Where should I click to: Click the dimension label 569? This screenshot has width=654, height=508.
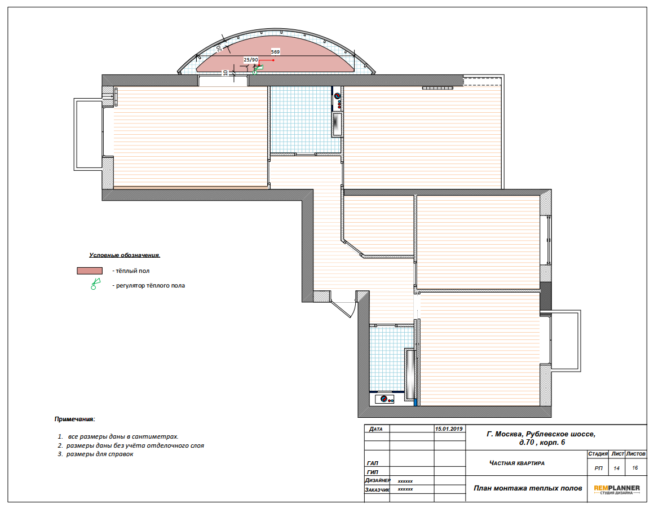[x=275, y=52]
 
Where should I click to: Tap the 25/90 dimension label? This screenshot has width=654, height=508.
[x=251, y=60]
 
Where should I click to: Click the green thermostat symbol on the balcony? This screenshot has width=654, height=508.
[x=257, y=69]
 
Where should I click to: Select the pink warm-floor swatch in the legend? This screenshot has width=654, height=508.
[x=90, y=271]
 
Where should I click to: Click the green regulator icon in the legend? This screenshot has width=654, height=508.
[x=95, y=284]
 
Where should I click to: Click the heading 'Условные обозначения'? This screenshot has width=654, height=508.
[x=124, y=255]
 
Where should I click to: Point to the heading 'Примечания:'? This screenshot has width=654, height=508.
[x=74, y=419]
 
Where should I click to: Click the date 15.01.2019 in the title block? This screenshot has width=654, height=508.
[x=449, y=429]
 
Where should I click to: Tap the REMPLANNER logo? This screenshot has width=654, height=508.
[x=616, y=489]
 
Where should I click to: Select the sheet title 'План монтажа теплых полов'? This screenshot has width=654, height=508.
[x=528, y=488]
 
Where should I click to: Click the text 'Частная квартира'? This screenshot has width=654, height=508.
[x=517, y=463]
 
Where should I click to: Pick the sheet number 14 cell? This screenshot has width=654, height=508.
[x=616, y=469]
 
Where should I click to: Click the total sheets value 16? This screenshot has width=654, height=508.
[x=635, y=468]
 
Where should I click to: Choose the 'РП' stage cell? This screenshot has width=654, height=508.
[x=599, y=469]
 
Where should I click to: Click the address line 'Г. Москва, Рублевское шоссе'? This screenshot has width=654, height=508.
[x=541, y=434]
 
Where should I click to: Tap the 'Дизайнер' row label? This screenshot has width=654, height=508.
[x=378, y=480]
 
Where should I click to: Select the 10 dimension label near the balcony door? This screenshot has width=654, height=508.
[x=225, y=73]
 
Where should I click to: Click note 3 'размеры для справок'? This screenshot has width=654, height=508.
[x=100, y=454]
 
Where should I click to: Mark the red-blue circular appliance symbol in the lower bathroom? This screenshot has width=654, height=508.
[x=385, y=399]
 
